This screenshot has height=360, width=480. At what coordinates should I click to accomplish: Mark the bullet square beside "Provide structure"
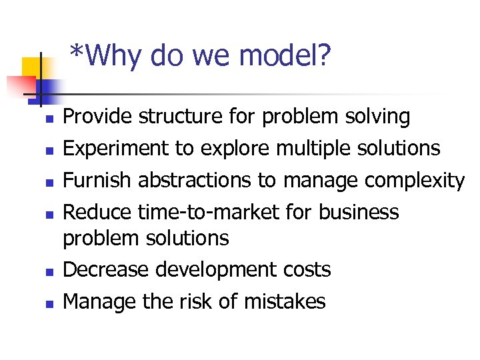click(49, 119)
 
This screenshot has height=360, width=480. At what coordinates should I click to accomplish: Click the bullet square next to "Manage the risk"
click(49, 303)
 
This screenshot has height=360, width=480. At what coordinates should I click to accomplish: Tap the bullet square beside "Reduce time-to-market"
click(49, 214)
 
